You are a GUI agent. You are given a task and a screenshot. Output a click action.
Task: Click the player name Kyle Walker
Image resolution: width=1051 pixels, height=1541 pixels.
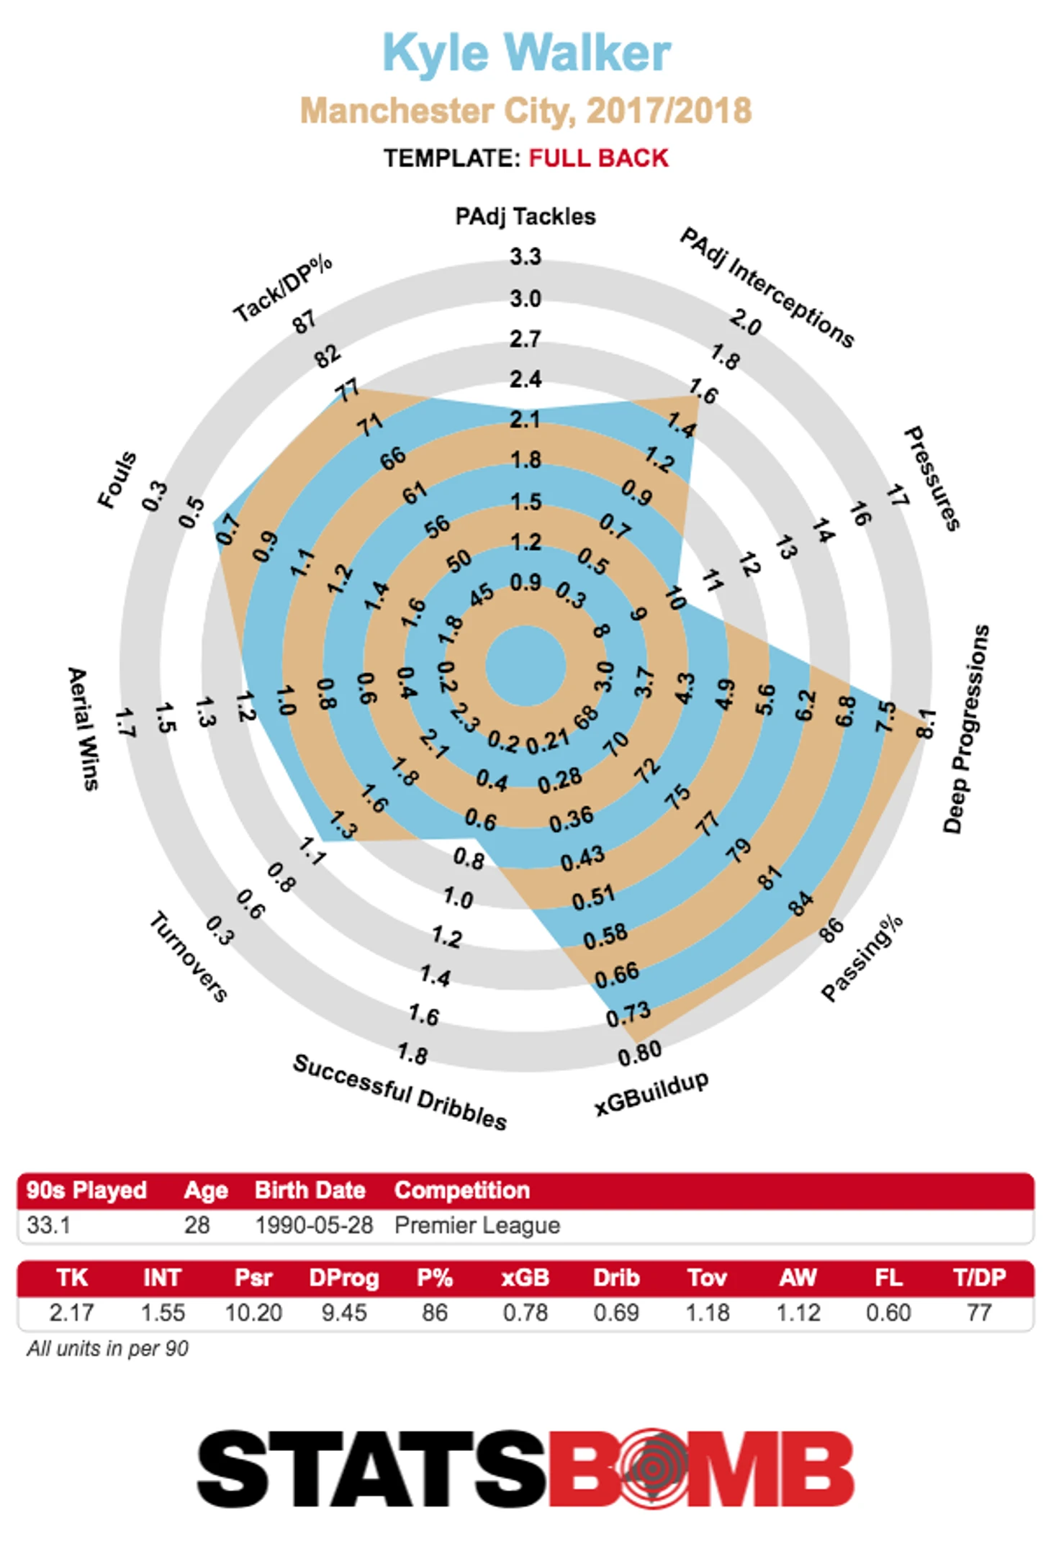tap(526, 53)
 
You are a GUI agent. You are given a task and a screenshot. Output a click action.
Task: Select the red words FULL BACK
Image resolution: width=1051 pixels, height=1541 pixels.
tap(598, 158)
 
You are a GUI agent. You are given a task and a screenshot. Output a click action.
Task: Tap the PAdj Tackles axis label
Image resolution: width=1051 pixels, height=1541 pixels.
tap(525, 217)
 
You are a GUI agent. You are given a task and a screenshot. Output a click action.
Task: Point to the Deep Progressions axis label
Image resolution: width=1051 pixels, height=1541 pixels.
tap(966, 728)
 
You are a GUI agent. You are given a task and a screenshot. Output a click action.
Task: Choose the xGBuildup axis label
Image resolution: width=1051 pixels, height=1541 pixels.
tap(651, 1093)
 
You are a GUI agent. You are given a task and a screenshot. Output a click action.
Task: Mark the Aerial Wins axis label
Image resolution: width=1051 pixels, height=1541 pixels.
tap(83, 728)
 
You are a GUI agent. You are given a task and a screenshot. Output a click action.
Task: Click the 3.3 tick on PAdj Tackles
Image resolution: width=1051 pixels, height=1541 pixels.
tap(525, 257)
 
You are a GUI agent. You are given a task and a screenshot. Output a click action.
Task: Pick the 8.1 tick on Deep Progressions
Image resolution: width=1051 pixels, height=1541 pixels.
tap(926, 723)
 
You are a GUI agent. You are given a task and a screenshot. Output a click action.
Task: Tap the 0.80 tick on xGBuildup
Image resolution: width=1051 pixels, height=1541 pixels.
tap(639, 1052)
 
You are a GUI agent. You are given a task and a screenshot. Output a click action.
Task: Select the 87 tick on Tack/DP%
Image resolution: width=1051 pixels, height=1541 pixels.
tap(304, 321)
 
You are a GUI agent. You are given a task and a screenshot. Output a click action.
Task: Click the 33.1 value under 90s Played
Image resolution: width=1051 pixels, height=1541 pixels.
tap(49, 1224)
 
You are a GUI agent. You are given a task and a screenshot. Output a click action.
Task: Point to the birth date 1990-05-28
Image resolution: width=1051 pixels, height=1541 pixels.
tap(314, 1224)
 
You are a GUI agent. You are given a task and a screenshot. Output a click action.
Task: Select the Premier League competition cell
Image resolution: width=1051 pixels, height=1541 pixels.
tap(477, 1224)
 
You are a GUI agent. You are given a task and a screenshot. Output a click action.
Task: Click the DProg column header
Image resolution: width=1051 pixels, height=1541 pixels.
tap(343, 1278)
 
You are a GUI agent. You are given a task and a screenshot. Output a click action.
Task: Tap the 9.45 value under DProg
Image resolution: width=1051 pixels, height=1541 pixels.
tap(343, 1312)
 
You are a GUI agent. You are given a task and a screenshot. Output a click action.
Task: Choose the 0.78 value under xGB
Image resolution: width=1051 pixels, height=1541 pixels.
tap(525, 1312)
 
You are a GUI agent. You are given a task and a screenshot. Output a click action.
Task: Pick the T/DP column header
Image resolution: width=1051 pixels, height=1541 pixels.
tap(979, 1278)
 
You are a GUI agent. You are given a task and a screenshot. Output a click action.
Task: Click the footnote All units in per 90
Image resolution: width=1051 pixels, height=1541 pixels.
tap(108, 1348)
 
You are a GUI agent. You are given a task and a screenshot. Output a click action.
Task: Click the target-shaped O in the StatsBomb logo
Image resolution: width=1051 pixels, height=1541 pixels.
tap(651, 1468)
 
